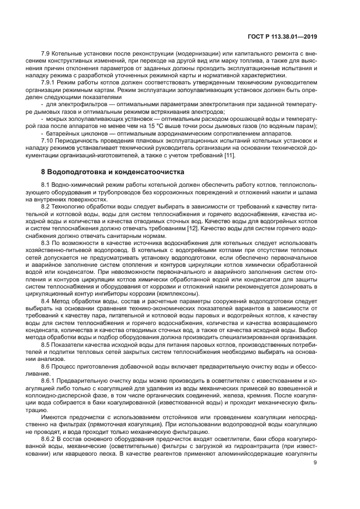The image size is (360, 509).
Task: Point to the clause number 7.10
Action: coord(48,140)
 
